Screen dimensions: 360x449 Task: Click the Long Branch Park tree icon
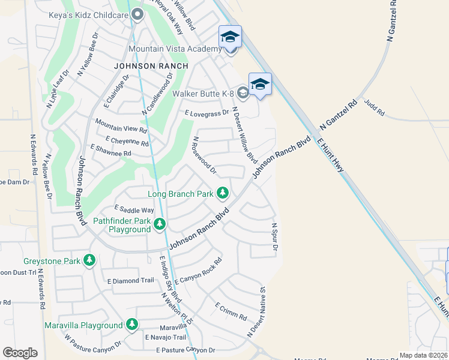point(223,193)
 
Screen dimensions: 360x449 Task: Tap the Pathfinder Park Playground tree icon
point(159,224)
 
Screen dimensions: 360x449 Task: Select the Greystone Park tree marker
point(89,260)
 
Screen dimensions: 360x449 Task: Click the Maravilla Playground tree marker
point(131,325)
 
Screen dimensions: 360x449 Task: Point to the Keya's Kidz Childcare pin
point(137,15)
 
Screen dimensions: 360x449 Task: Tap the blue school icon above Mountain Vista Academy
point(230,37)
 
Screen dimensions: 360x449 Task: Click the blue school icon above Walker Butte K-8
point(260,84)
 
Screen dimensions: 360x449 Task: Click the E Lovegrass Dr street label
point(207,113)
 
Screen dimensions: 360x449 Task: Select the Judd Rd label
point(373,108)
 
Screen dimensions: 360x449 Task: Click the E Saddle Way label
point(134,209)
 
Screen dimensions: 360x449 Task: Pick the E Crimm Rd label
point(231,311)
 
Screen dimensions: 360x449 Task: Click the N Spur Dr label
point(276,238)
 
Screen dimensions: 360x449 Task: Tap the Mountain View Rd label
point(121,125)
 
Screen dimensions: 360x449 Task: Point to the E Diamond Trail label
point(131,281)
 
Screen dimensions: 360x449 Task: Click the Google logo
point(20,353)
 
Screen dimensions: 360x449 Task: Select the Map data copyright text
point(424,355)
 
